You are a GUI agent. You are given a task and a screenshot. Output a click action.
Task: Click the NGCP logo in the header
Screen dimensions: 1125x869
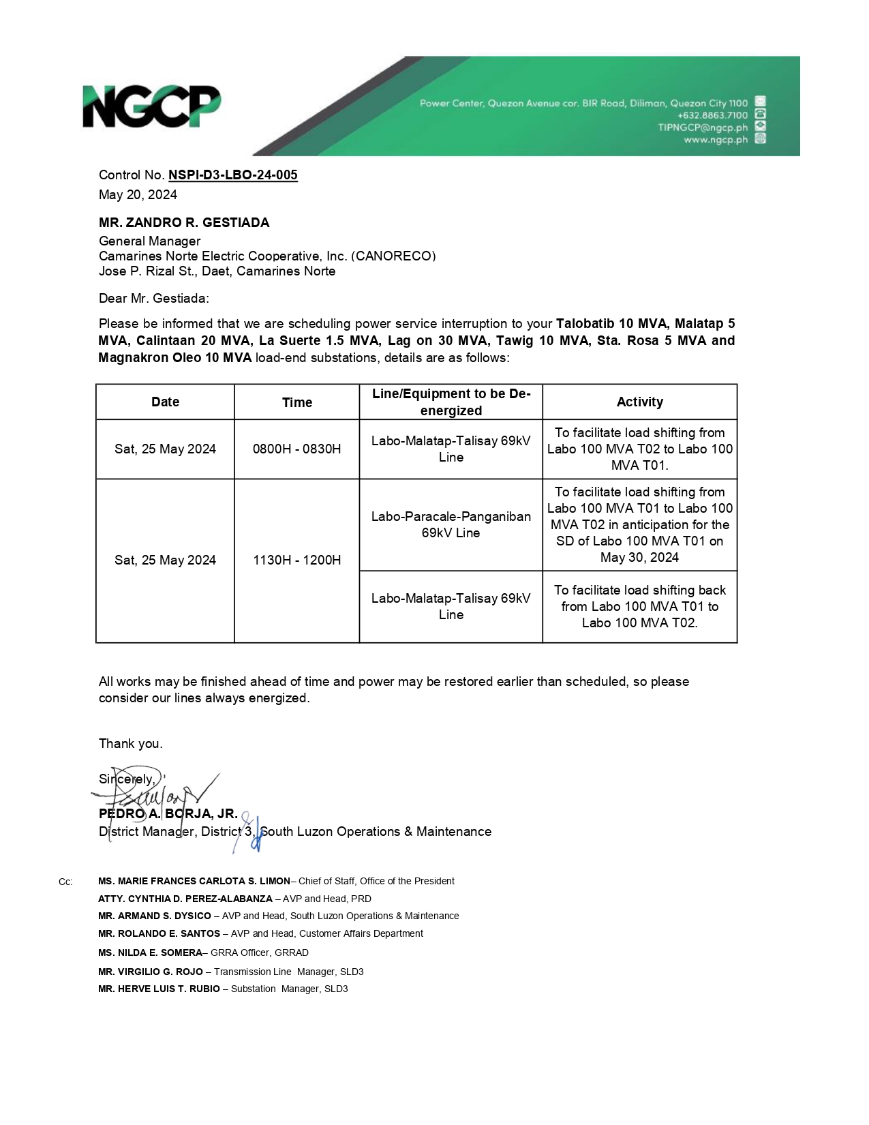coord(151,106)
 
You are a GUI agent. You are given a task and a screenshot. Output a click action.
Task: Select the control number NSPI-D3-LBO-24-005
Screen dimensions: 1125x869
coord(232,175)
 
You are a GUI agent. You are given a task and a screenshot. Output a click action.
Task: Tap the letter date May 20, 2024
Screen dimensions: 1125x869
coord(138,195)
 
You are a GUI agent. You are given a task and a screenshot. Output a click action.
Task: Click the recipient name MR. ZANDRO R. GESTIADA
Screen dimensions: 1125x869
coord(184,223)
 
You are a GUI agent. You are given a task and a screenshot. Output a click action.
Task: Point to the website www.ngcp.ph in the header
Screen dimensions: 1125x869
coord(716,140)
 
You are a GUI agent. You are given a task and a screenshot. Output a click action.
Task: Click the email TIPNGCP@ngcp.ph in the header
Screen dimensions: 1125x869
coord(702,127)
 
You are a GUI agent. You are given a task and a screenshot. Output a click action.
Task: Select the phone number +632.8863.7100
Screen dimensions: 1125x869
coord(712,115)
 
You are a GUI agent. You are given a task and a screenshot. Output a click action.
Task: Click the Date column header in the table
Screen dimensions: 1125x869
coord(165,402)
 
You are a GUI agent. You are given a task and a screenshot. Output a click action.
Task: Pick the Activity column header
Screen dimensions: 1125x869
coord(639,402)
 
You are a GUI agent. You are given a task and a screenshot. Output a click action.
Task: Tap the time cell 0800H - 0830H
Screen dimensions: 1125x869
coord(296,449)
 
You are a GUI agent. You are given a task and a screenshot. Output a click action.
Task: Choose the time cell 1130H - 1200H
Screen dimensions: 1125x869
coord(296,560)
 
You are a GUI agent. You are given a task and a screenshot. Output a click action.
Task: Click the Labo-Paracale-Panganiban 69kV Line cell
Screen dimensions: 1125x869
coord(451,525)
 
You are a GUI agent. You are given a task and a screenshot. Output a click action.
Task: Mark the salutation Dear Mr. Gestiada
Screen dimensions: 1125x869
coord(154,299)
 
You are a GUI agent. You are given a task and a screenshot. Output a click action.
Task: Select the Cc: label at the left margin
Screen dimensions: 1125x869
coord(65,882)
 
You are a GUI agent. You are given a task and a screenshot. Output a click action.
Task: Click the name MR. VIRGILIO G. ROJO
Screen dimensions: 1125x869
coord(151,972)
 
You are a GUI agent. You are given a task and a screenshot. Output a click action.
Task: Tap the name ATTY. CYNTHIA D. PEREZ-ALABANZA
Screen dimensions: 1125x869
coord(185,899)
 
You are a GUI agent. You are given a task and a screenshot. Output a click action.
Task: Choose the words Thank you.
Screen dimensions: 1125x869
coord(130,744)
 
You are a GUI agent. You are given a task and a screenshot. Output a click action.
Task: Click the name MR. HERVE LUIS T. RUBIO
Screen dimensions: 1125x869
coord(159,989)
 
